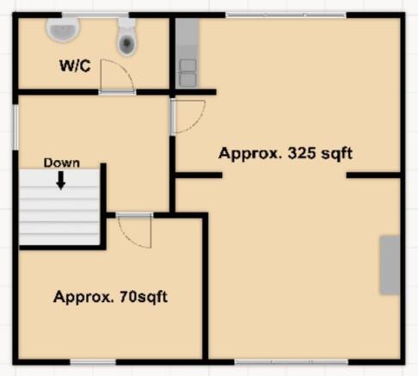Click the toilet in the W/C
click(x=126, y=37)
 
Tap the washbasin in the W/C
click(x=63, y=29)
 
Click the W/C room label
click(x=75, y=65)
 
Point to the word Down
click(x=62, y=163)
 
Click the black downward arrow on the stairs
click(x=60, y=181)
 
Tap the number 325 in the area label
click(x=302, y=153)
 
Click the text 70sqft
click(x=144, y=297)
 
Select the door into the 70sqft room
click(x=134, y=230)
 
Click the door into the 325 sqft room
click(x=187, y=116)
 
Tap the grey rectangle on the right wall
click(x=390, y=265)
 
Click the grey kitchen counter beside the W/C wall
click(x=187, y=53)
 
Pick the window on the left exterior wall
click(x=15, y=126)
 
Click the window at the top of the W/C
click(x=95, y=15)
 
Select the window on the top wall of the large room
click(x=286, y=15)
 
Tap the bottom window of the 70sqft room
click(x=93, y=362)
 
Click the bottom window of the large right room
click(x=292, y=362)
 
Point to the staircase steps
click(x=59, y=207)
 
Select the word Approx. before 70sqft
click(x=84, y=297)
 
